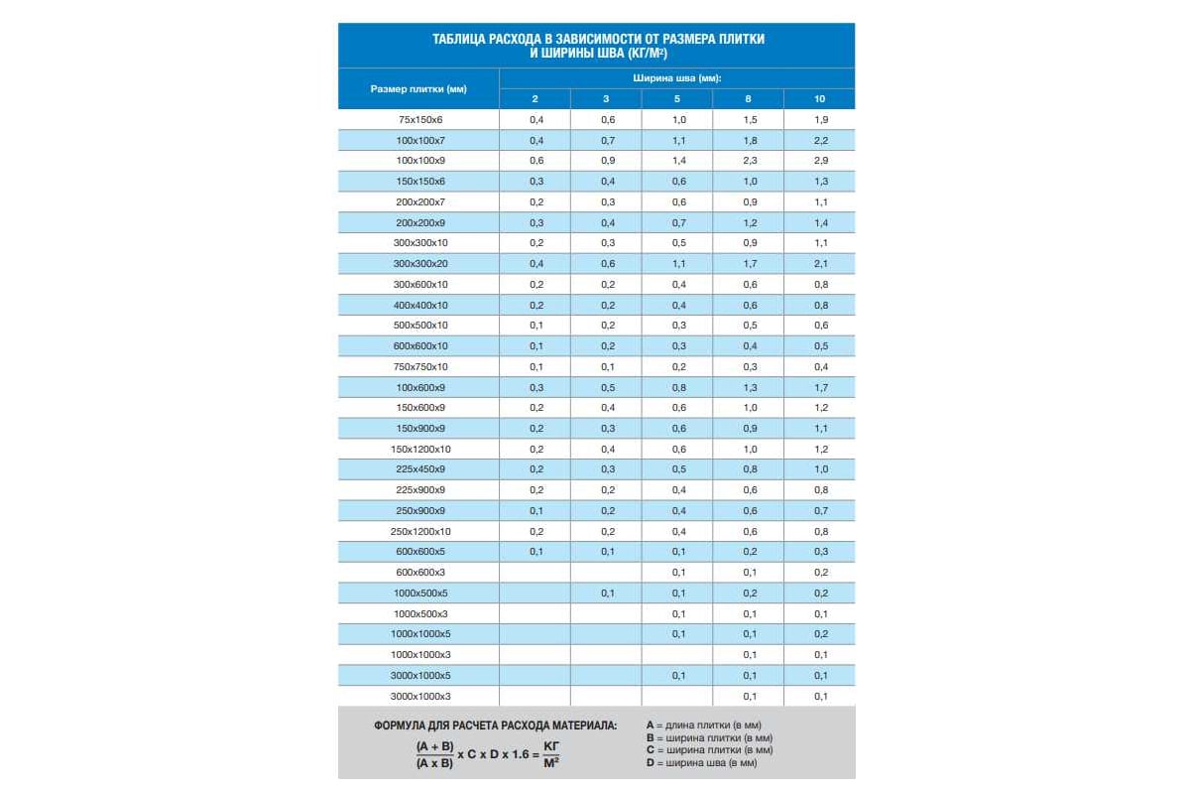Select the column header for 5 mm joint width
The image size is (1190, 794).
coord(677,98)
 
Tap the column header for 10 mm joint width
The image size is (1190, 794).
coord(819,98)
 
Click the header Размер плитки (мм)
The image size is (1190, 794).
coord(418,88)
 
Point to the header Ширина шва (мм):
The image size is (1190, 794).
coord(677,77)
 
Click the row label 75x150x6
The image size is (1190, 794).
coord(419,119)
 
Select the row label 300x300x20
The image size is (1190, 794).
coord(419,263)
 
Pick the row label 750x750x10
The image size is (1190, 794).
coord(419,366)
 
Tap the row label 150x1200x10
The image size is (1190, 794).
coord(419,449)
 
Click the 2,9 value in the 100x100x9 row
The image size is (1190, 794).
coord(820,160)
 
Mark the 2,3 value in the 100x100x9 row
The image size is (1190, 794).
coord(749,160)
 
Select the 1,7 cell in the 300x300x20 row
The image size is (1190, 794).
coord(749,263)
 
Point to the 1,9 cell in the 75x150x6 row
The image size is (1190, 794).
coord(820,119)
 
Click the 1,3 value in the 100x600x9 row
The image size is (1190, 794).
coord(749,387)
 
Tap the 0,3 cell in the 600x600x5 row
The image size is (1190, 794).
coord(820,552)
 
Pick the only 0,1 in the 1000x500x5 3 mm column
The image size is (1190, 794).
coord(607,593)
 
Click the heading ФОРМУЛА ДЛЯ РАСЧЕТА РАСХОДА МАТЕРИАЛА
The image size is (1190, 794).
coord(495,726)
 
